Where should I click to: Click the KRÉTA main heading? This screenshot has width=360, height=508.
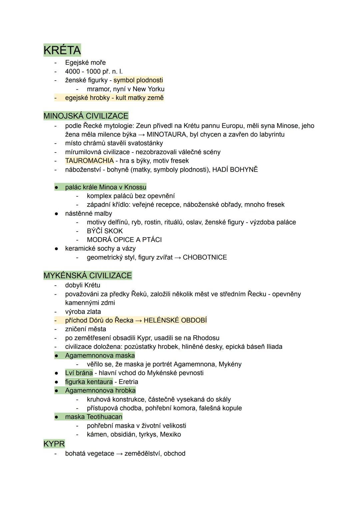(x=62, y=50)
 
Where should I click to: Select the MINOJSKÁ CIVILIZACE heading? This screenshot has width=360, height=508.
(x=86, y=116)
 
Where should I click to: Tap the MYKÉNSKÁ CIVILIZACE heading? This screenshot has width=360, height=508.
(x=88, y=275)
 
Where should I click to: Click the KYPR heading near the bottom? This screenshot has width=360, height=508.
(x=54, y=444)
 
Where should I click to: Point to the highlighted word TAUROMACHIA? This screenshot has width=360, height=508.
(x=89, y=161)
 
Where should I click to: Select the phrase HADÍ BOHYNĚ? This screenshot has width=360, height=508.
(x=235, y=170)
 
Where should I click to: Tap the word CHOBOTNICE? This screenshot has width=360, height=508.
(x=205, y=257)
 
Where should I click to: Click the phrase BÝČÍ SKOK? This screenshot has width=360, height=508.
(x=105, y=231)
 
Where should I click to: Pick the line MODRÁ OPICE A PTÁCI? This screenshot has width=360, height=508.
(x=124, y=240)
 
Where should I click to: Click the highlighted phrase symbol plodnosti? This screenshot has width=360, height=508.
(x=138, y=80)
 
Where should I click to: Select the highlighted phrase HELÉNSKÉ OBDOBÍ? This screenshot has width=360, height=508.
(x=175, y=320)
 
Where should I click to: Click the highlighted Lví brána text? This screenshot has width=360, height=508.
(x=79, y=373)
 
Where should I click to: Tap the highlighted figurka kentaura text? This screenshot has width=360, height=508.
(x=89, y=382)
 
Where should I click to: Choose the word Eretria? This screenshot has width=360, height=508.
(x=128, y=382)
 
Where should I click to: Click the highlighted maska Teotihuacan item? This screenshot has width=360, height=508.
(x=94, y=417)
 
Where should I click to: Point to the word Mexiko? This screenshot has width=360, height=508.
(x=170, y=434)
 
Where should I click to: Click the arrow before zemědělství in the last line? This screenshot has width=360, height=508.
(x=119, y=454)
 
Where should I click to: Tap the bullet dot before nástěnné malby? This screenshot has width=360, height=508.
(x=57, y=214)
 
